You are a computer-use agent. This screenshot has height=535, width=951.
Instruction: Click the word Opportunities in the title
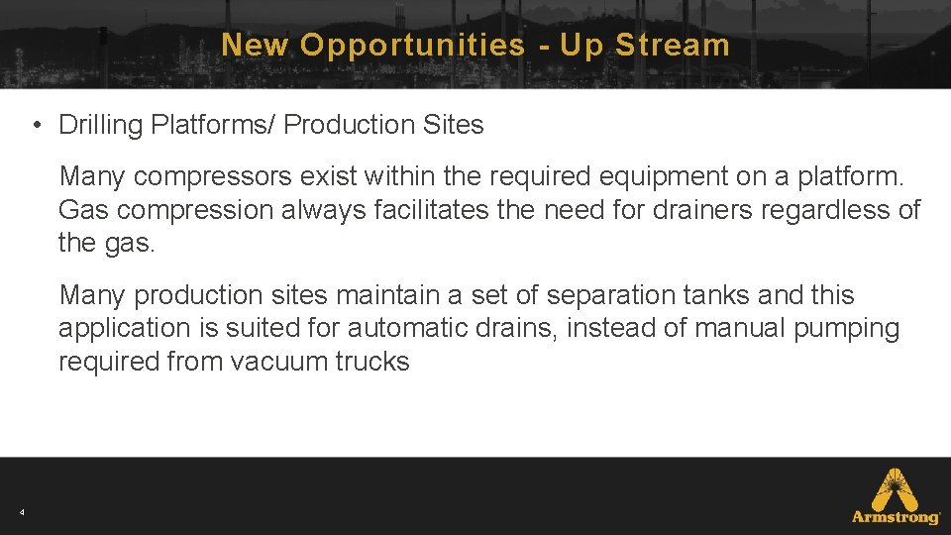412,45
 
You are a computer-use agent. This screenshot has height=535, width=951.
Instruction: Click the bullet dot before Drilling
35,126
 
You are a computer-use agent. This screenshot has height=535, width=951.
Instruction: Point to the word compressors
213,177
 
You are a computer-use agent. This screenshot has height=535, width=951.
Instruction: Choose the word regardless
830,210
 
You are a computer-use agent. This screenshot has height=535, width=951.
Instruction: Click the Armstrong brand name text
897,517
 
